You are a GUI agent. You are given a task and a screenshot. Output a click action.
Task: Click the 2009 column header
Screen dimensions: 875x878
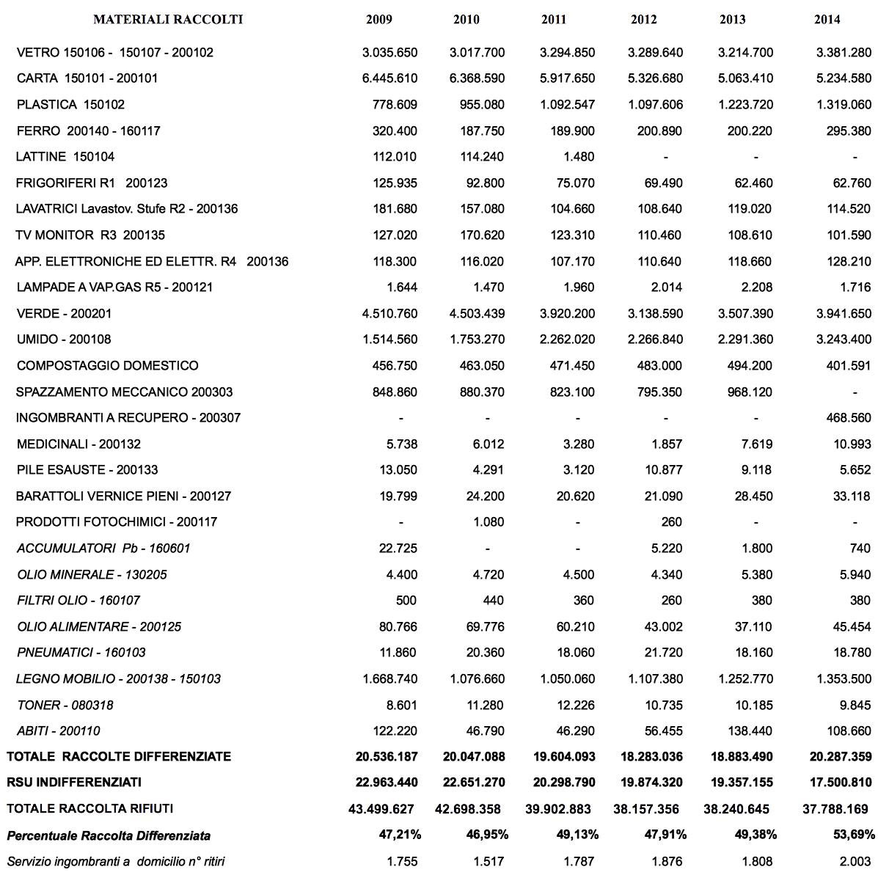point(378,20)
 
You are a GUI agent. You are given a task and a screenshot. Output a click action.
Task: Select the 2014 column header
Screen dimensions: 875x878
point(827,20)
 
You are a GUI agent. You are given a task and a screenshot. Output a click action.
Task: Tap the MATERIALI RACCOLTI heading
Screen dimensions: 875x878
point(168,20)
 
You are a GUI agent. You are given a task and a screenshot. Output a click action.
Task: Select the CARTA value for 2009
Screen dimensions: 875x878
point(389,78)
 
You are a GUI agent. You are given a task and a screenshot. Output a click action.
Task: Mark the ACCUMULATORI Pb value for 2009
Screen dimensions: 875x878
point(400,549)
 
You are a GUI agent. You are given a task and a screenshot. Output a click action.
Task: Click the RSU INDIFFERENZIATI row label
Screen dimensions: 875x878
point(74,783)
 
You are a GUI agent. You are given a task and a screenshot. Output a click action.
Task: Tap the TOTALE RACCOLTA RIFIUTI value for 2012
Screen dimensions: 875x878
point(646,809)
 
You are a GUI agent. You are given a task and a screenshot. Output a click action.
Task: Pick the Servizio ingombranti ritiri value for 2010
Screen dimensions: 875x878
point(489,861)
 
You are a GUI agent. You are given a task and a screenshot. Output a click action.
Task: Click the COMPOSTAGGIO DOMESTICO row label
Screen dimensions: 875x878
point(107,366)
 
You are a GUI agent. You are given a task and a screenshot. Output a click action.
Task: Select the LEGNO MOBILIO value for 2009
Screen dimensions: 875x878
point(389,679)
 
